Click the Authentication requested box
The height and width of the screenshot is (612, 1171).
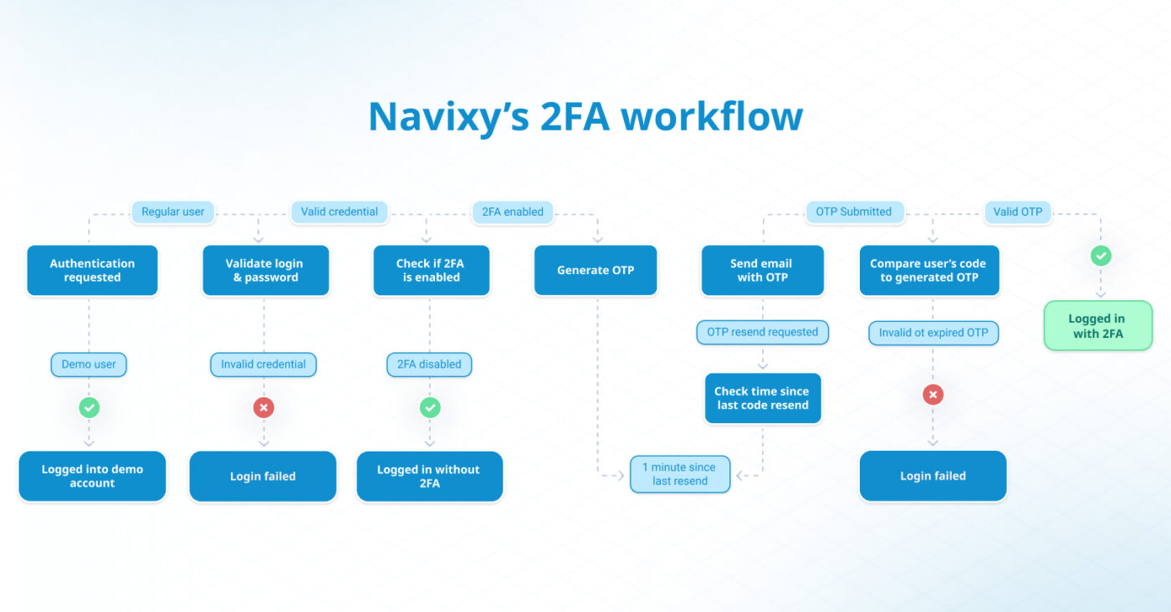pyautogui.click(x=92, y=270)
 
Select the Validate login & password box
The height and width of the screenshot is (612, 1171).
pyautogui.click(x=265, y=270)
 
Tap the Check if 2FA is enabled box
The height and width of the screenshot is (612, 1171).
pyautogui.click(x=431, y=270)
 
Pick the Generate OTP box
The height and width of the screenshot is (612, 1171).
pyautogui.click(x=596, y=270)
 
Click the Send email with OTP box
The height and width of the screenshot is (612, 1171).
pyautogui.click(x=762, y=270)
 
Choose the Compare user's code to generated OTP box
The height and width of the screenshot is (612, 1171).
pyautogui.click(x=928, y=270)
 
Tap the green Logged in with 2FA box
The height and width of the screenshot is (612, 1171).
pyautogui.click(x=1097, y=325)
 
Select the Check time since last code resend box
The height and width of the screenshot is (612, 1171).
pyautogui.click(x=762, y=398)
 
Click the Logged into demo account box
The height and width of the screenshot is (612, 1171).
pyautogui.click(x=92, y=476)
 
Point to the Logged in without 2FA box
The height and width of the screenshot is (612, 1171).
pyautogui.click(x=429, y=476)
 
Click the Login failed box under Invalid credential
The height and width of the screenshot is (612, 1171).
pyautogui.click(x=263, y=476)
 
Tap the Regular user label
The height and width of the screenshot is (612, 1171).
pyautogui.click(x=172, y=212)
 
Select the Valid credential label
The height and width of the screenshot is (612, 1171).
pyautogui.click(x=340, y=212)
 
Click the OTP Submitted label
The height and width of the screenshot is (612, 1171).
pyautogui.click(x=853, y=212)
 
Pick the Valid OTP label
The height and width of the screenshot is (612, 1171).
pyautogui.click(x=1018, y=212)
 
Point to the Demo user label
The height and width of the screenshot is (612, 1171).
pyautogui.click(x=89, y=365)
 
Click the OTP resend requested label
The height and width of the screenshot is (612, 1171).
pyautogui.click(x=762, y=332)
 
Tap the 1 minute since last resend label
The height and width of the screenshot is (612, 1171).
pyautogui.click(x=680, y=474)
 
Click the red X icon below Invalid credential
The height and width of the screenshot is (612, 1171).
pyautogui.click(x=263, y=408)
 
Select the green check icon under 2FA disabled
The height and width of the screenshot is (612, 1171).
pyautogui.click(x=430, y=408)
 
